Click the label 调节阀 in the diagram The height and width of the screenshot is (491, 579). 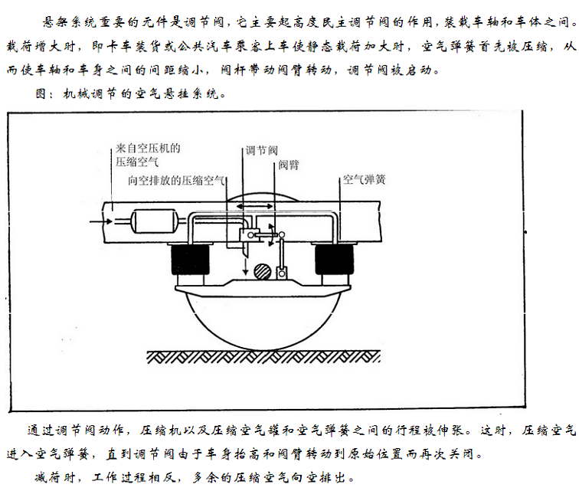(261, 150)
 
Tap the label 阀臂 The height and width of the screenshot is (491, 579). (289, 165)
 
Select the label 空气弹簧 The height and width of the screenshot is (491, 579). (364, 179)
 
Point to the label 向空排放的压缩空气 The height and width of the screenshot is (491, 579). (176, 180)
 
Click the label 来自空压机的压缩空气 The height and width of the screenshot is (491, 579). (148, 155)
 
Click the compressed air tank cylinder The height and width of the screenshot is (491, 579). (155, 221)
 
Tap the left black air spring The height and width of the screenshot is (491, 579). (190, 260)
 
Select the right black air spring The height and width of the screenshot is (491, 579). (334, 260)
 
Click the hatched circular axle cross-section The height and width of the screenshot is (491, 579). (263, 272)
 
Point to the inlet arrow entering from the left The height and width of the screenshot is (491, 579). (101, 221)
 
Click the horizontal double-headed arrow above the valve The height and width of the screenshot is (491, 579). (255, 206)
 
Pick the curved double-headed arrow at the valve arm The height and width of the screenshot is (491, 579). (272, 234)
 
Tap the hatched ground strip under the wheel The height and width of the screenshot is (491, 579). (263, 357)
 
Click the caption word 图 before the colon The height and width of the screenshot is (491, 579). (41, 93)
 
